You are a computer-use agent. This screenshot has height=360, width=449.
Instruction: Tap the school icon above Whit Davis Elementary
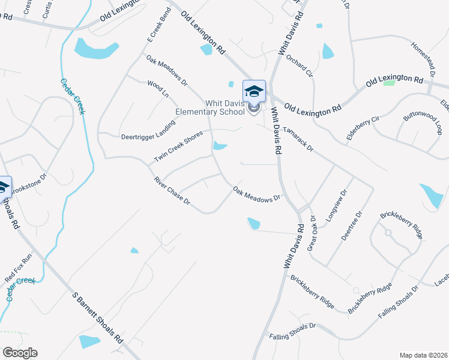(x=254, y=91)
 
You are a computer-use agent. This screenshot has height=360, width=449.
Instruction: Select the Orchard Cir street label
(x=300, y=67)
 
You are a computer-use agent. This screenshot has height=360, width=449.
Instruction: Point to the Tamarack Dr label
(x=298, y=138)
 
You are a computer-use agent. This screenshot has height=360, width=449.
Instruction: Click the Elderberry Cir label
(x=363, y=128)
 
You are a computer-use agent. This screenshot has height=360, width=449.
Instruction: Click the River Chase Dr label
(x=172, y=191)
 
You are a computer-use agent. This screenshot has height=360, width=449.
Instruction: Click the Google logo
(x=20, y=353)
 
